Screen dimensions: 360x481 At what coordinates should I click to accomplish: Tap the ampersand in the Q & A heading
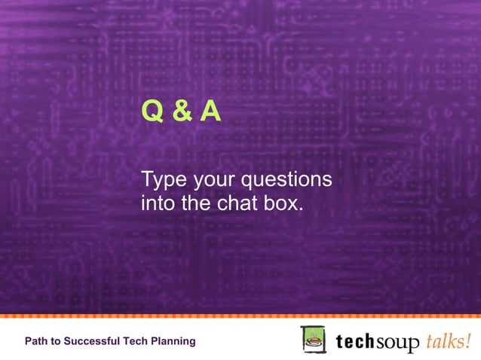[x=180, y=112]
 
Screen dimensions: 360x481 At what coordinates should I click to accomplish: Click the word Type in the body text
[x=163, y=182]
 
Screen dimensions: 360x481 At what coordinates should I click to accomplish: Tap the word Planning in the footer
[x=173, y=342]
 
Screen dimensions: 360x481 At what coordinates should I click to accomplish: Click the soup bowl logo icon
[x=313, y=340]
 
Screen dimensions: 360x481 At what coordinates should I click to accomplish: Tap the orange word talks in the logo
[x=446, y=340]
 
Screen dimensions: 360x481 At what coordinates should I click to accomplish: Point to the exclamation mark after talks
[x=470, y=340]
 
